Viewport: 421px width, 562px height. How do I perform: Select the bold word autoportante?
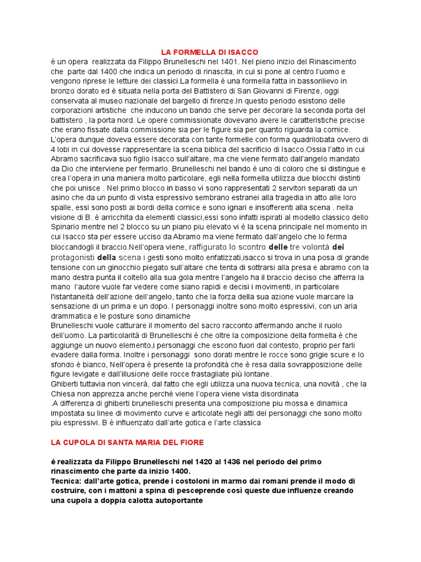177,501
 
